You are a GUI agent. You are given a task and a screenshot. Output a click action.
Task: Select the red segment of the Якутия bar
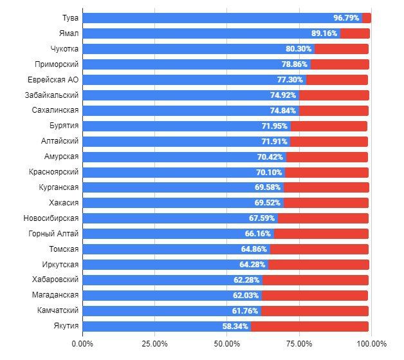click(x=309, y=327)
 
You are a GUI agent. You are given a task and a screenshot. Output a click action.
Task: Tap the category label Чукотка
click(x=64, y=49)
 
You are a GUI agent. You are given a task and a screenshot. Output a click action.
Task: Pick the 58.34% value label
click(x=235, y=327)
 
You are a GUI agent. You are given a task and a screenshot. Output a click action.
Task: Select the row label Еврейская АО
click(x=53, y=80)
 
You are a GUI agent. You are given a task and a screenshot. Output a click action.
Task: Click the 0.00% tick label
click(x=83, y=344)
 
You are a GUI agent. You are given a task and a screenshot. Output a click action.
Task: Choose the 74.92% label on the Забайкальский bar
click(x=284, y=95)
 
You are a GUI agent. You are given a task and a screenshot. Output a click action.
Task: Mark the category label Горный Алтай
click(x=54, y=234)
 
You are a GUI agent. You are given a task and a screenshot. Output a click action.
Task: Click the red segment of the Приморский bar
click(x=340, y=64)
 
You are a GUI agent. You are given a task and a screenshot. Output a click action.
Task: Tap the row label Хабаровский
click(x=56, y=280)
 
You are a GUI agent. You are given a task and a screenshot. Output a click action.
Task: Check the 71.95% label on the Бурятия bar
click(x=275, y=126)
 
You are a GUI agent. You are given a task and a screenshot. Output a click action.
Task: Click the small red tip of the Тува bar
click(x=367, y=18)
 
